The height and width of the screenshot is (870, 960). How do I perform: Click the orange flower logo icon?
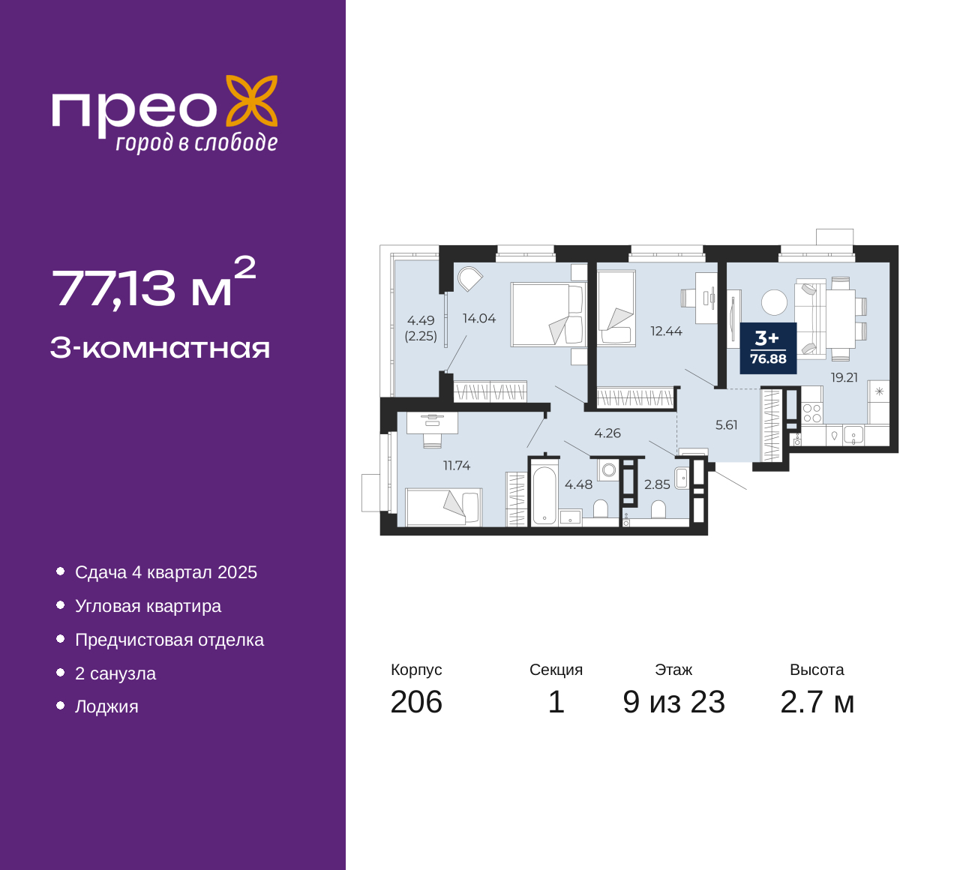252,100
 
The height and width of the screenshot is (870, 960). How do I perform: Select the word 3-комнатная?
160,348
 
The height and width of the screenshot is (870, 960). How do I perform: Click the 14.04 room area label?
479,318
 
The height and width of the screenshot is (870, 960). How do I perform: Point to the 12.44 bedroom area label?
666,331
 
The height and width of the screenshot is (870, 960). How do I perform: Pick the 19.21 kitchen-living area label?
844,377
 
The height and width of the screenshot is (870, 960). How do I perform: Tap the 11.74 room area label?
457,465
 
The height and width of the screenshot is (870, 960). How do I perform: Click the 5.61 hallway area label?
727,424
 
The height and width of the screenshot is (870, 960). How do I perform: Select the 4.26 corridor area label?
607,433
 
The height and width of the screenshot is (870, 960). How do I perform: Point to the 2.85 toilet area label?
657,484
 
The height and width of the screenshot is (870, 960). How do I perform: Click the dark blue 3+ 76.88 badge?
768,348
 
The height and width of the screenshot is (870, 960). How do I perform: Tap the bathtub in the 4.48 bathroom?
544,495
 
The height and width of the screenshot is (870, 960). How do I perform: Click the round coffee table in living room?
774,302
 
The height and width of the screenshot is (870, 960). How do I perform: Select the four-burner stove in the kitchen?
811,413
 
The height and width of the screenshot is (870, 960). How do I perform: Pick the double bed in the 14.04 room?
549,314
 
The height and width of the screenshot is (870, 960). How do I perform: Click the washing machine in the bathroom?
608,469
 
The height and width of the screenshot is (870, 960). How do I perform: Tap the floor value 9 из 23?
673,702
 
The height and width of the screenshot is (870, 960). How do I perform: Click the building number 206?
416,702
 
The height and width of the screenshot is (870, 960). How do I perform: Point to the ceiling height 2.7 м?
817,702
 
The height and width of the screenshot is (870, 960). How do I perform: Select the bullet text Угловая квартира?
148,606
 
